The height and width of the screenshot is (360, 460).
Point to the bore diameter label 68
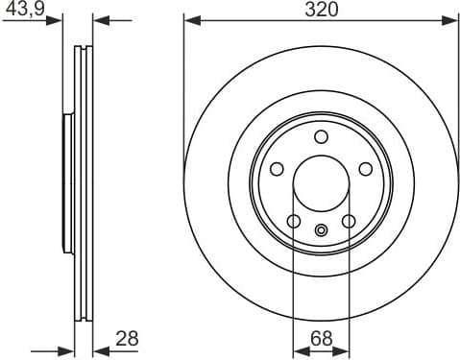coord(320,337)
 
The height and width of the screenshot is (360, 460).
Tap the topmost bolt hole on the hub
coord(321,135)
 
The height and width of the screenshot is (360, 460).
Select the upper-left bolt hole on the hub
coord(277,169)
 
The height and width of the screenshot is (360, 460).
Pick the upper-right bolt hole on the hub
coord(365,169)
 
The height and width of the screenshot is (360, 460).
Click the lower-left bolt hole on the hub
coord(294,222)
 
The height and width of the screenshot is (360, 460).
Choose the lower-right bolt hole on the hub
coord(348,222)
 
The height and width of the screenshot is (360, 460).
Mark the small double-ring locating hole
coord(321,228)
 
